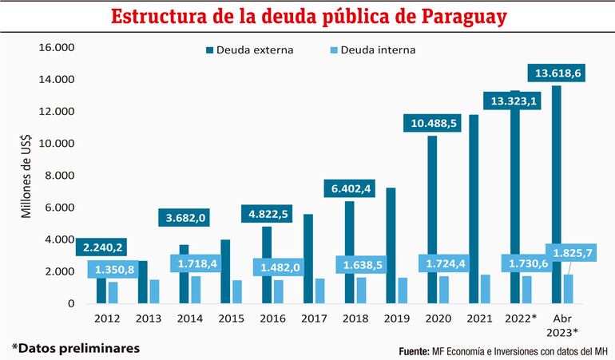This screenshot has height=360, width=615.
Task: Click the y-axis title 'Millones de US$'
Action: pyautogui.click(x=26, y=176)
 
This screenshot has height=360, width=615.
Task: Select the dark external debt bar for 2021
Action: pyautogui.click(x=474, y=209)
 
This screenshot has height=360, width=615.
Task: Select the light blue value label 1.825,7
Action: pyautogui.click(x=569, y=252)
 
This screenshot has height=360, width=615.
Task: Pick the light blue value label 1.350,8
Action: pyautogui.click(x=111, y=270)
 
